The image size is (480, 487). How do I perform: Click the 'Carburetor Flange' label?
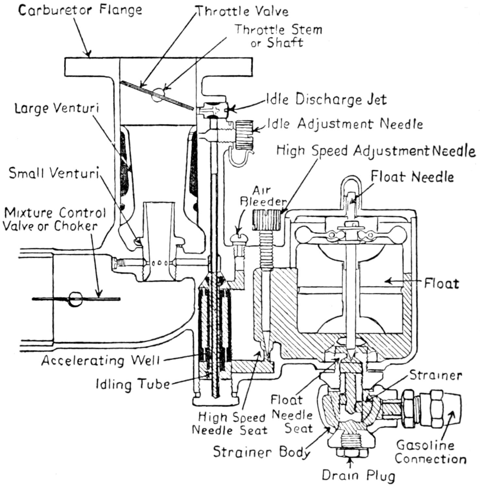[80, 10]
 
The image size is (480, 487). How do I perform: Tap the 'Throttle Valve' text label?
[242, 11]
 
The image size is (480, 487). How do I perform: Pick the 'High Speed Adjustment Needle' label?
[376, 151]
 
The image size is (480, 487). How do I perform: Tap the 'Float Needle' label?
[412, 177]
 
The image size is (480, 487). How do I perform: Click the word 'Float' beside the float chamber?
[441, 283]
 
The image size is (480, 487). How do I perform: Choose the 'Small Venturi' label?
[54, 173]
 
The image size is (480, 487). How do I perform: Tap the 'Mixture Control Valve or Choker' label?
[54, 219]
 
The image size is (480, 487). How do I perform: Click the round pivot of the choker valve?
[75, 299]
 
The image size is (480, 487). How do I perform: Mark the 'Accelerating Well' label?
[100, 360]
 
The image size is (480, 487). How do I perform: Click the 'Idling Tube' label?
[133, 384]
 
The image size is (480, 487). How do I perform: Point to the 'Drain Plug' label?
[358, 475]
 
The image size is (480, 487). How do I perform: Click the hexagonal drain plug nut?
[352, 453]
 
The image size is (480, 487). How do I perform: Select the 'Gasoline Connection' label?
[430, 452]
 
